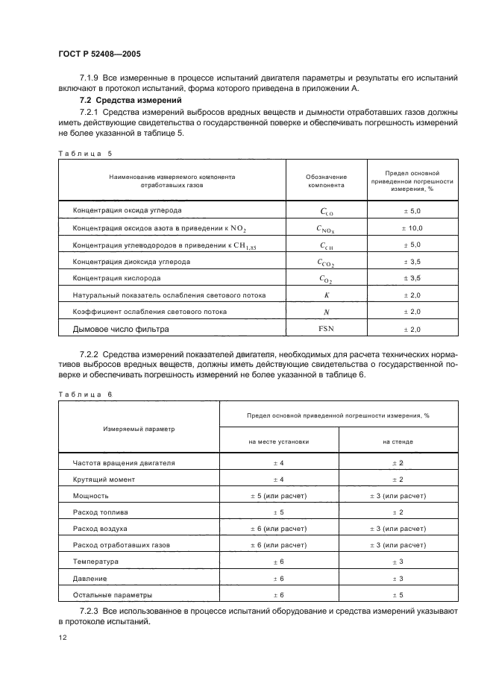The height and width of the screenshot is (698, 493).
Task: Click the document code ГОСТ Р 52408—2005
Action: click(x=98, y=54)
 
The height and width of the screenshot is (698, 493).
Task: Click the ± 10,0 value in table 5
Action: click(x=412, y=228)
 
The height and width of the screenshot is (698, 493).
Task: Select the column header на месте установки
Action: click(x=279, y=441)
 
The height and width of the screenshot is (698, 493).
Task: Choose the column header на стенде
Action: click(x=398, y=441)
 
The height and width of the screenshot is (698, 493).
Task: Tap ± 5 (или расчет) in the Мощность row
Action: click(x=279, y=496)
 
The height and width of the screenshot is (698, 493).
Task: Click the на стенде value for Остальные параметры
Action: click(x=398, y=595)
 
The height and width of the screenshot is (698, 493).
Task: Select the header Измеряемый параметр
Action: click(x=138, y=429)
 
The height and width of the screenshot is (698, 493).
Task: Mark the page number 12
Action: click(x=63, y=639)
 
